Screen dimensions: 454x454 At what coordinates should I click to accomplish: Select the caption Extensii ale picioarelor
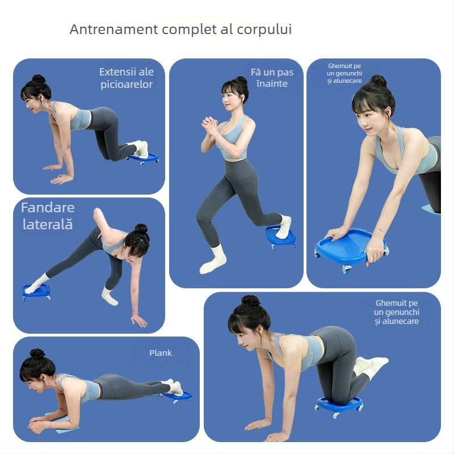point(126,78)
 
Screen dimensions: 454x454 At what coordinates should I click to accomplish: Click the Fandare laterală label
point(48,216)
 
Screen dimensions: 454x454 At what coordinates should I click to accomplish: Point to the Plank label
point(161,353)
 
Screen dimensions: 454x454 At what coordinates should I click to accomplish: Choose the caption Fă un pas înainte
point(272,78)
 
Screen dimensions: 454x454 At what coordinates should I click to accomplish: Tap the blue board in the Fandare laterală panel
point(36,291)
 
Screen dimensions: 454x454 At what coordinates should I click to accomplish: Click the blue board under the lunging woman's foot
point(280,237)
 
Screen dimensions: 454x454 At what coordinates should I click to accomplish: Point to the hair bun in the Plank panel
point(37,354)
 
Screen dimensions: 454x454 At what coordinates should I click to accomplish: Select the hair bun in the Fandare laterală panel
point(141,229)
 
